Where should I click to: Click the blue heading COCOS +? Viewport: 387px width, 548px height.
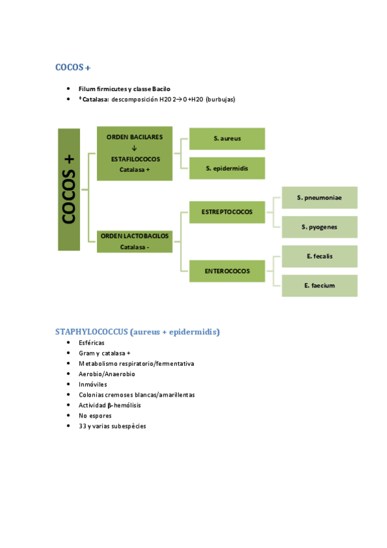point(77,67)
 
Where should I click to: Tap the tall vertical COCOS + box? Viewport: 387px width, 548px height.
point(68,189)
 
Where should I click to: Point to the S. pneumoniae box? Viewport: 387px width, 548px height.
point(319,197)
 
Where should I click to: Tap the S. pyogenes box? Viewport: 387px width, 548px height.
point(319,227)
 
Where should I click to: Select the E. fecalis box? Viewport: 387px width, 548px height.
point(319,257)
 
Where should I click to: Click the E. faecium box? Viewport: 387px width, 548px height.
point(319,286)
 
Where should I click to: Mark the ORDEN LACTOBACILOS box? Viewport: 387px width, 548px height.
point(134,240)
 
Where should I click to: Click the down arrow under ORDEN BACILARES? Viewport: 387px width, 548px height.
point(134,147)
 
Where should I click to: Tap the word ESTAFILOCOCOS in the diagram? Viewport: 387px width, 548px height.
point(134,158)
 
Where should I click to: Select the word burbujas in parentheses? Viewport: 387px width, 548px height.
point(220,100)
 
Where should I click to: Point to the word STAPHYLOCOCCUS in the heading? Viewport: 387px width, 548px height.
point(91,332)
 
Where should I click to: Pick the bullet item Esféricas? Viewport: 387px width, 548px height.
point(91,343)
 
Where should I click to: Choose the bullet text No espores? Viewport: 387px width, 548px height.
point(95,416)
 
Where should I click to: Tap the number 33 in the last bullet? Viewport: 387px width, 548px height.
point(83,426)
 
